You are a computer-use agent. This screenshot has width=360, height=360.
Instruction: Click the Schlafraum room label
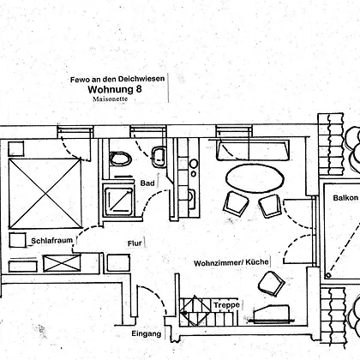tap(51, 241)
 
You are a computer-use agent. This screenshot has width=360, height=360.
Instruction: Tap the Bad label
tap(147, 183)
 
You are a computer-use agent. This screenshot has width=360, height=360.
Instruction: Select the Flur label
tap(135, 243)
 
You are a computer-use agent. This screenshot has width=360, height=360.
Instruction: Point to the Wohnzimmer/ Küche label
tap(231, 262)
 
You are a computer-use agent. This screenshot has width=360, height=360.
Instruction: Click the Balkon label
tap(345, 198)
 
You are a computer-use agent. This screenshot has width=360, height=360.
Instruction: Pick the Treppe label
tap(227, 305)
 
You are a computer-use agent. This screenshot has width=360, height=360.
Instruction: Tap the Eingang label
tap(147, 333)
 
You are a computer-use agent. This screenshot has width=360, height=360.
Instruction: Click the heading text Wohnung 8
tap(115, 89)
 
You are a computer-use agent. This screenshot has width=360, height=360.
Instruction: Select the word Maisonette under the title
tap(110, 99)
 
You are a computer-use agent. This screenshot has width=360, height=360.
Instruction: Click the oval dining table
tap(255, 178)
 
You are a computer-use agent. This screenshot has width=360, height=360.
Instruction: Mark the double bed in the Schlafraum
tap(45, 194)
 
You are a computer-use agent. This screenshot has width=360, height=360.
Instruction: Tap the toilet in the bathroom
tap(121, 159)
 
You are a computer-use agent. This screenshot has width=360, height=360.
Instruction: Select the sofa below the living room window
tap(253, 150)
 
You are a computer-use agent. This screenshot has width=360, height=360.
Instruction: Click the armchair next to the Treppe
tap(271, 284)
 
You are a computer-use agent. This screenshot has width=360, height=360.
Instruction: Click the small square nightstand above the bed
tap(15, 149)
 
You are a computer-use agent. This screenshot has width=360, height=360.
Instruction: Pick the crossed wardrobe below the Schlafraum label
tap(62, 263)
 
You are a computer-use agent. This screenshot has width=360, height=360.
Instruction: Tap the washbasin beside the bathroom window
tap(158, 156)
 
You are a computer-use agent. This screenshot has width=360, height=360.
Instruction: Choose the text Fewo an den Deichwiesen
tap(117, 79)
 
